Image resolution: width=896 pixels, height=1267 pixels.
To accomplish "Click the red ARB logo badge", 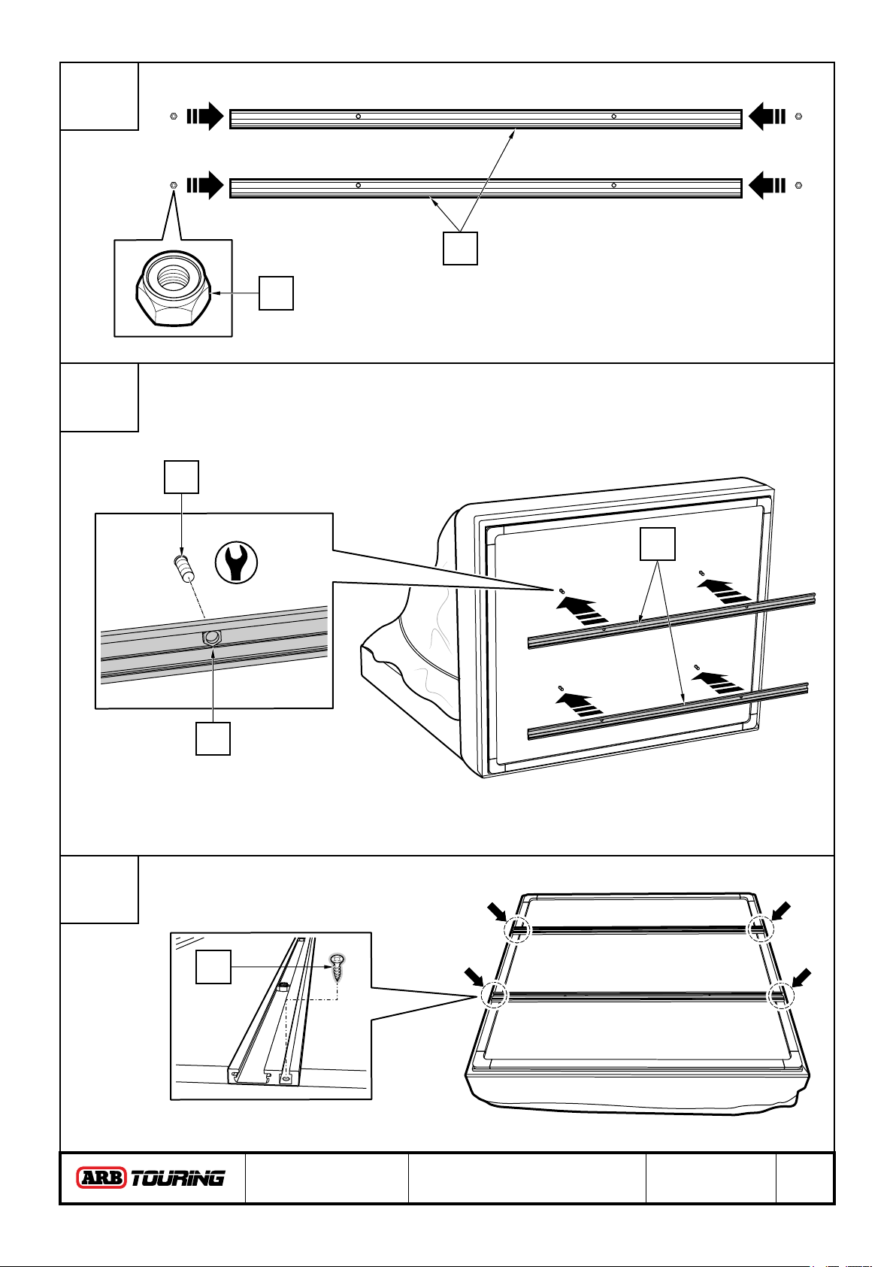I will (102, 1178).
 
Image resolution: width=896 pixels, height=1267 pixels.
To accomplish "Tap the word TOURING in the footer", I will (178, 1178).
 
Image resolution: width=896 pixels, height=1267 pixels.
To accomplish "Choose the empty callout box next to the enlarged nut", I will (276, 293).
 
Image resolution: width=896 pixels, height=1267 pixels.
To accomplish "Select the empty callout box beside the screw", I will (213, 966).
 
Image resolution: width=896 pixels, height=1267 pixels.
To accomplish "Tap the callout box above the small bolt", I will (181, 477).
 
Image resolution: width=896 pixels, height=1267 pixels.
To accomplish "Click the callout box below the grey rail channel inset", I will (213, 738).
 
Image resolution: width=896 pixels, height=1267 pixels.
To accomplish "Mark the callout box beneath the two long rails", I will (460, 248).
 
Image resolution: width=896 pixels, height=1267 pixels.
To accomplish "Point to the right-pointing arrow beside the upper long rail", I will (205, 116).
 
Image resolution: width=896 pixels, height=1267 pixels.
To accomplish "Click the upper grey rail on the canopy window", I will (671, 619).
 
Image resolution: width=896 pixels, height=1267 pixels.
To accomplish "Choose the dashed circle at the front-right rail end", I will (779, 996).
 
